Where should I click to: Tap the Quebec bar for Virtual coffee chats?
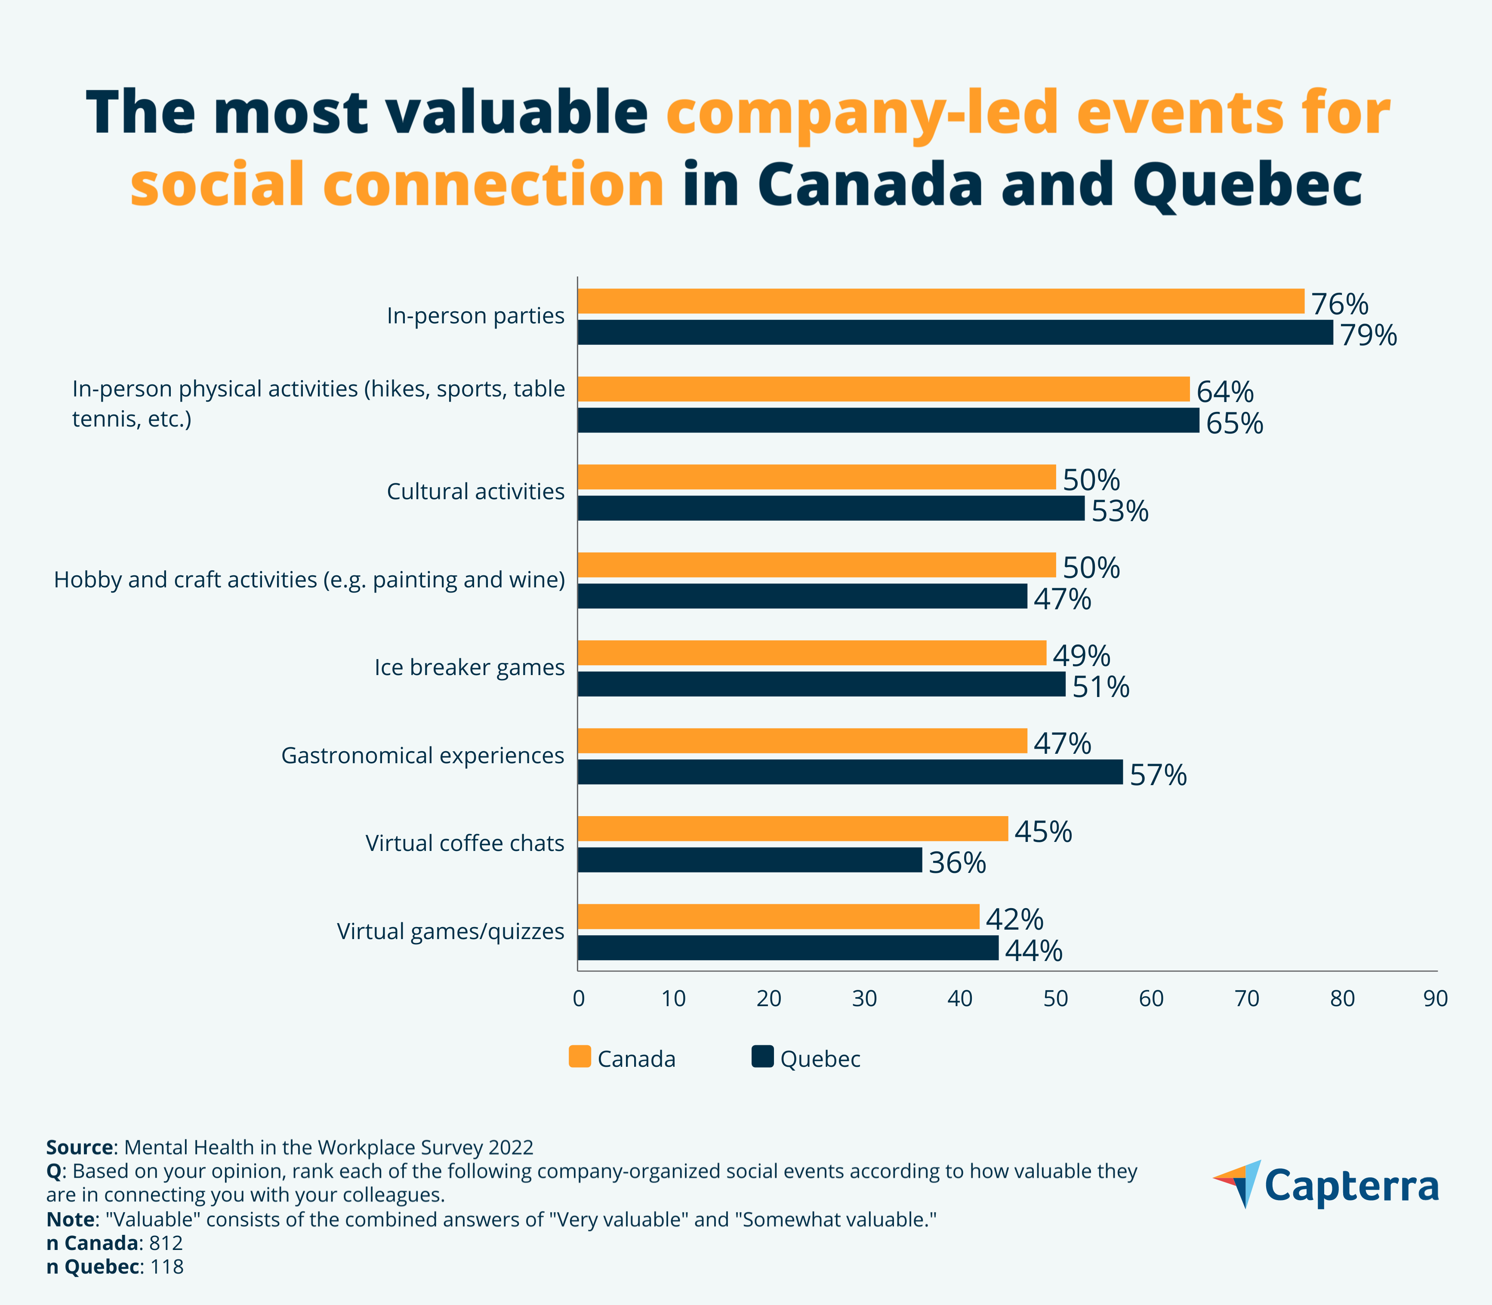(749, 860)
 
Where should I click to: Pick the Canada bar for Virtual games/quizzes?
(778, 917)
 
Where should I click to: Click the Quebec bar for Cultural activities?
(830, 508)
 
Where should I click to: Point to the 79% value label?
(1368, 335)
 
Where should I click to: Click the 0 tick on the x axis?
(579, 998)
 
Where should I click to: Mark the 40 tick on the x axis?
(960, 998)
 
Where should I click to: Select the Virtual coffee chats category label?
(465, 843)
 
